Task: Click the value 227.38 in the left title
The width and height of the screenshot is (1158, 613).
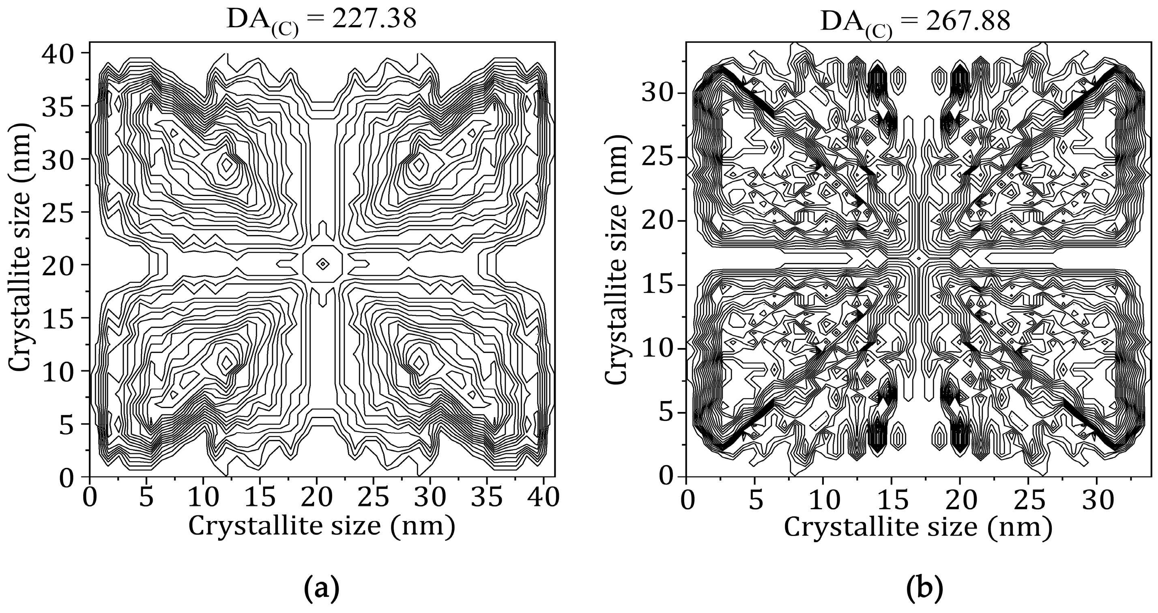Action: [x=374, y=20]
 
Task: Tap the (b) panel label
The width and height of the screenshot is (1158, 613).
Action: [x=918, y=589]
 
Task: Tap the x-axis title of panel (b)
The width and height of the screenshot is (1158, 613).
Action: [x=918, y=527]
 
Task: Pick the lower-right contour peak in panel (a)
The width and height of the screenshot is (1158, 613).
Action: [x=419, y=362]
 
